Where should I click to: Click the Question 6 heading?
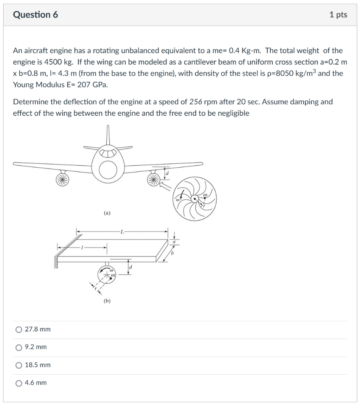35,15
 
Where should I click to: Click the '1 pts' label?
338,15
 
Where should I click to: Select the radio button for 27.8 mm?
19,329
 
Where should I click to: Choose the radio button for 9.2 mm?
19,347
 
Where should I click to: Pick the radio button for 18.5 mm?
19,365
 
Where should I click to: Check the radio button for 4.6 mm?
19,383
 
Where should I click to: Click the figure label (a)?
107,213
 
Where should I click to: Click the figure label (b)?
107,301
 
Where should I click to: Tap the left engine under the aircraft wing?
62,180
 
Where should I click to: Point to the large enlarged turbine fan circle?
195,198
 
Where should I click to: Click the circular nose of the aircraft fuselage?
108,170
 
